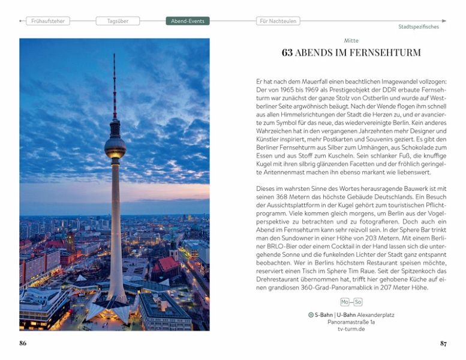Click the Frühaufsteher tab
click(x=48, y=21)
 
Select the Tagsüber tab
click(x=118, y=21)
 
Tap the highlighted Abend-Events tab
click(x=188, y=21)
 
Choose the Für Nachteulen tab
click(x=277, y=21)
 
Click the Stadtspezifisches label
click(x=418, y=27)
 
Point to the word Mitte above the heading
click(x=351, y=40)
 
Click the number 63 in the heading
click(x=287, y=53)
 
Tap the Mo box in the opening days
click(x=345, y=302)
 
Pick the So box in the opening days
click(x=358, y=302)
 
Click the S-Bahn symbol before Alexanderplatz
click(x=311, y=314)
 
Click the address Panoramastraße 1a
click(x=351, y=322)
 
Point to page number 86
click(x=23, y=344)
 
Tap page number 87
click(x=443, y=344)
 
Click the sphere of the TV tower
click(x=115, y=146)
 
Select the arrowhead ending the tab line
click(x=444, y=21)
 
